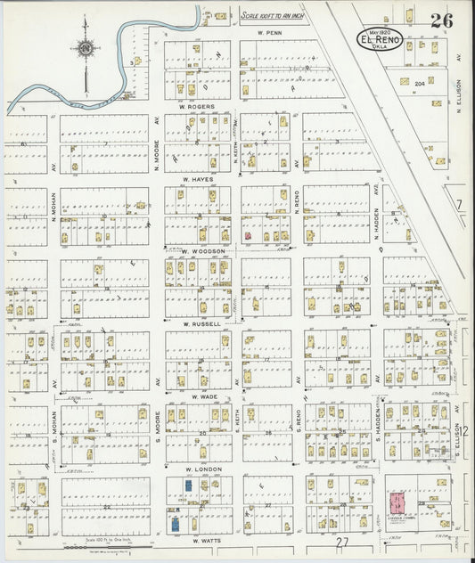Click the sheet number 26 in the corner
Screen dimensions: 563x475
(x=440, y=20)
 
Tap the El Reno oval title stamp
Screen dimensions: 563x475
(x=379, y=39)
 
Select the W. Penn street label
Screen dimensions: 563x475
(x=269, y=33)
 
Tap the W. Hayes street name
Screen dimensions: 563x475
(x=196, y=179)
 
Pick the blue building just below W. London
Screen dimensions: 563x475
(x=188, y=485)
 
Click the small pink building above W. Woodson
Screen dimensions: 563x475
(x=247, y=236)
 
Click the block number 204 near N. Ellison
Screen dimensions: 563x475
(x=419, y=82)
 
